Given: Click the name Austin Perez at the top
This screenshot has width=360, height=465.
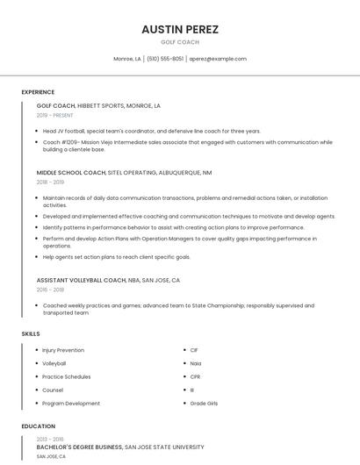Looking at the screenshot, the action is [x=180, y=29].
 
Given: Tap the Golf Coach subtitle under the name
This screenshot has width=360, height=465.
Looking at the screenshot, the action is [x=180, y=42].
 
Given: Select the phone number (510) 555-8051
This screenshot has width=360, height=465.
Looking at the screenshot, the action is [x=164, y=59].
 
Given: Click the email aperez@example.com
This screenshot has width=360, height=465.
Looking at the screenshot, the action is [x=219, y=59].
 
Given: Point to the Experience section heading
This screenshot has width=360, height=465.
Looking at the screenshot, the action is [x=38, y=92].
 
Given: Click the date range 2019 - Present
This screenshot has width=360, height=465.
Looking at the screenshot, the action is [x=55, y=115].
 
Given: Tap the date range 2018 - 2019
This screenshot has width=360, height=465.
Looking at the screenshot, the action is [x=51, y=182].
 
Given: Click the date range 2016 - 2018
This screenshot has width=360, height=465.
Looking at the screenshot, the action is [x=51, y=290].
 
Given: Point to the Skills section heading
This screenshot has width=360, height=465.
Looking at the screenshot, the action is [x=30, y=333].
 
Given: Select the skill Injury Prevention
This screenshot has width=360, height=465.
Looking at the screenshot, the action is [x=63, y=350].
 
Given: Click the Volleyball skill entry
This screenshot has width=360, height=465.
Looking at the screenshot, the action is [x=54, y=363].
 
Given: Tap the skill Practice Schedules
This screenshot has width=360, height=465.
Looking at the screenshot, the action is [x=66, y=376].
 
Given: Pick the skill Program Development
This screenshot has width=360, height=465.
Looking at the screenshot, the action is [x=71, y=404].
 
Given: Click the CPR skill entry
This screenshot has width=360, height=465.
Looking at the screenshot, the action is [x=195, y=376].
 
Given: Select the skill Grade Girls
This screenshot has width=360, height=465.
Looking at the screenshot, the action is [x=204, y=404].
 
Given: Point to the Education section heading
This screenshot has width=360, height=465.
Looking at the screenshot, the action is [x=38, y=426].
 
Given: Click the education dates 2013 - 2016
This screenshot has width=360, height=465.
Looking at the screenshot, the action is [x=50, y=439].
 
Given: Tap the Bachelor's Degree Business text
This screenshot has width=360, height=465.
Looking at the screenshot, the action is [x=79, y=447].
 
